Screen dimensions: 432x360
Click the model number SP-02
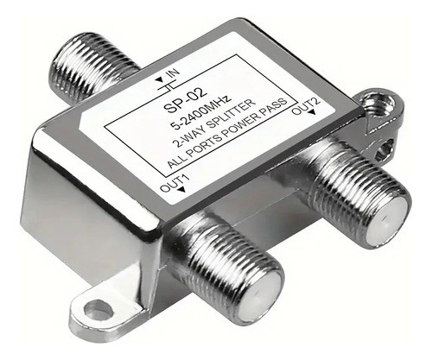coord(185,100)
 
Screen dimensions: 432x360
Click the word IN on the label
coord(173,74)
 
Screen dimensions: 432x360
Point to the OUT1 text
coord(175,182)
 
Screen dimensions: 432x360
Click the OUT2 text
coord(306,105)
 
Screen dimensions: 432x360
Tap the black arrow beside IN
coord(159,79)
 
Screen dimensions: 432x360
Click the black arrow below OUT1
coord(181,190)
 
